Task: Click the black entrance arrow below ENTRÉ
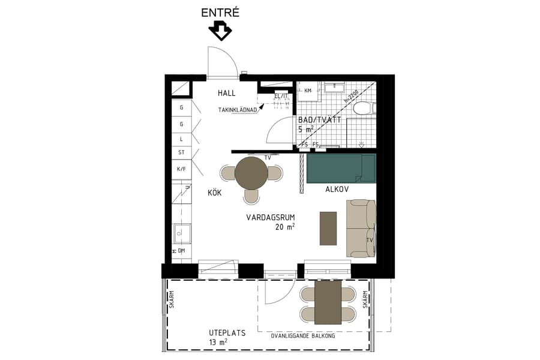(x=220, y=31)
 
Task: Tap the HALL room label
(x=226, y=93)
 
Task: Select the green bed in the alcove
(x=340, y=168)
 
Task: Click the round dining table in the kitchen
(x=251, y=173)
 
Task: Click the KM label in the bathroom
(x=308, y=91)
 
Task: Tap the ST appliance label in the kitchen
(x=181, y=153)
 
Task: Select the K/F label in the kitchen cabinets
(x=181, y=169)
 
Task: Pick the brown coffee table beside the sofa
(x=328, y=228)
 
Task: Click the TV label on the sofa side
(x=370, y=239)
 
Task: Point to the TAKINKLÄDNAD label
(x=238, y=110)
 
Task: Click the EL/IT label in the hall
(x=281, y=96)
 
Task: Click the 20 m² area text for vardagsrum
(x=285, y=227)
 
